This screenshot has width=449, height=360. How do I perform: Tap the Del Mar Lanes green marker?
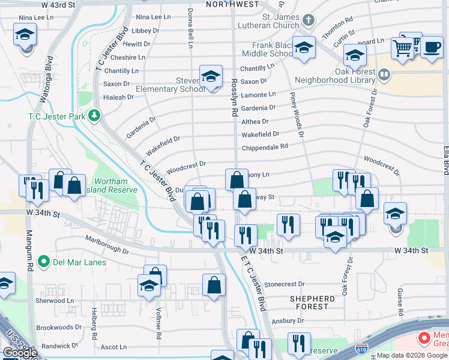[43, 262]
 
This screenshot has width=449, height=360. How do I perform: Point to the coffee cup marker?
[431, 47]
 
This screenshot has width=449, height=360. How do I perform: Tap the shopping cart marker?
[402, 48]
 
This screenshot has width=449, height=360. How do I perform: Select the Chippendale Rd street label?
[265, 147]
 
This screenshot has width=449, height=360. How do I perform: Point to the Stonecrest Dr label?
[285, 284]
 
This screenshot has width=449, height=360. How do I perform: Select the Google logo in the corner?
[19, 353]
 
